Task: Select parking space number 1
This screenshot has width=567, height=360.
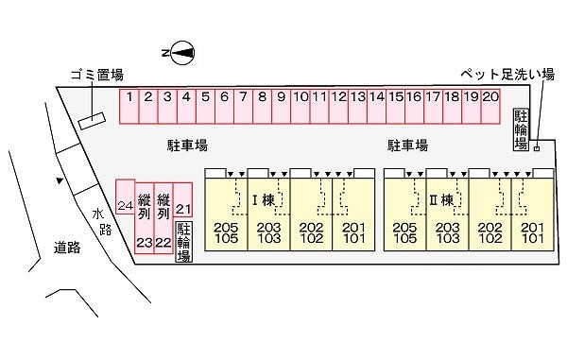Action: coord(129,106)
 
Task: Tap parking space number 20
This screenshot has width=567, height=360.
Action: coord(490,106)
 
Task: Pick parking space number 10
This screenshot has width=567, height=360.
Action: coord(301,106)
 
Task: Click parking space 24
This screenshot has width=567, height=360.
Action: coord(125,197)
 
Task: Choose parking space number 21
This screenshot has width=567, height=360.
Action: coord(182,199)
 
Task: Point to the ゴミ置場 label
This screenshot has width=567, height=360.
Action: coord(97,75)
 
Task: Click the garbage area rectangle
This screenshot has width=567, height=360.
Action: coord(93,121)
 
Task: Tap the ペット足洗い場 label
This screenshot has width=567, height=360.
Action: coord(507,75)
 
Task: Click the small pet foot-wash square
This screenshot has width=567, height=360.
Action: coord(537,148)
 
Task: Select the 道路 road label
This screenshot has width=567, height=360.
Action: coord(67,248)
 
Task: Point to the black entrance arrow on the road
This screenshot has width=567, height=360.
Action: coord(60,180)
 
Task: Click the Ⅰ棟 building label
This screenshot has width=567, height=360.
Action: coord(264,200)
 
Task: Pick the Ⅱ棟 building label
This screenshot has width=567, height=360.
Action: coord(441,200)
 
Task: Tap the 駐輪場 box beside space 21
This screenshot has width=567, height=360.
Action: coord(183,242)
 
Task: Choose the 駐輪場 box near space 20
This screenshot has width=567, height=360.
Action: coord(521,129)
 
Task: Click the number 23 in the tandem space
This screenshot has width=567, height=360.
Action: coord(145,243)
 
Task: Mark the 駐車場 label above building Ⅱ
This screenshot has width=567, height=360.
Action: coord(407,146)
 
